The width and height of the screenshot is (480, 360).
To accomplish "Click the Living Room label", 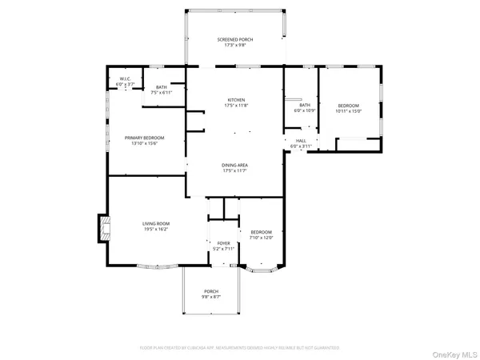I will (x=155, y=224).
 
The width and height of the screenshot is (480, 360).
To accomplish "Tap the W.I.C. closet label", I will (x=126, y=79).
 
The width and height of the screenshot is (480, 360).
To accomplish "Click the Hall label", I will (x=303, y=141).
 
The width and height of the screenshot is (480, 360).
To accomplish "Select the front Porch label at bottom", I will (x=211, y=291).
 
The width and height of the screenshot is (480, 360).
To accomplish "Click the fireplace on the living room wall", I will (x=103, y=228).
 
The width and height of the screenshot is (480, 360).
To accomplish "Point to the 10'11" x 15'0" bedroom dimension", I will (x=348, y=111).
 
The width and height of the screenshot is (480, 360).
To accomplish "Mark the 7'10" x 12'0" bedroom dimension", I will (x=262, y=238).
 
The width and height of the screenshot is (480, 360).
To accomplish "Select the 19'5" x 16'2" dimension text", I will (x=155, y=230).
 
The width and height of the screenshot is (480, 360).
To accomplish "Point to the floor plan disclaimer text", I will (x=239, y=348).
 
